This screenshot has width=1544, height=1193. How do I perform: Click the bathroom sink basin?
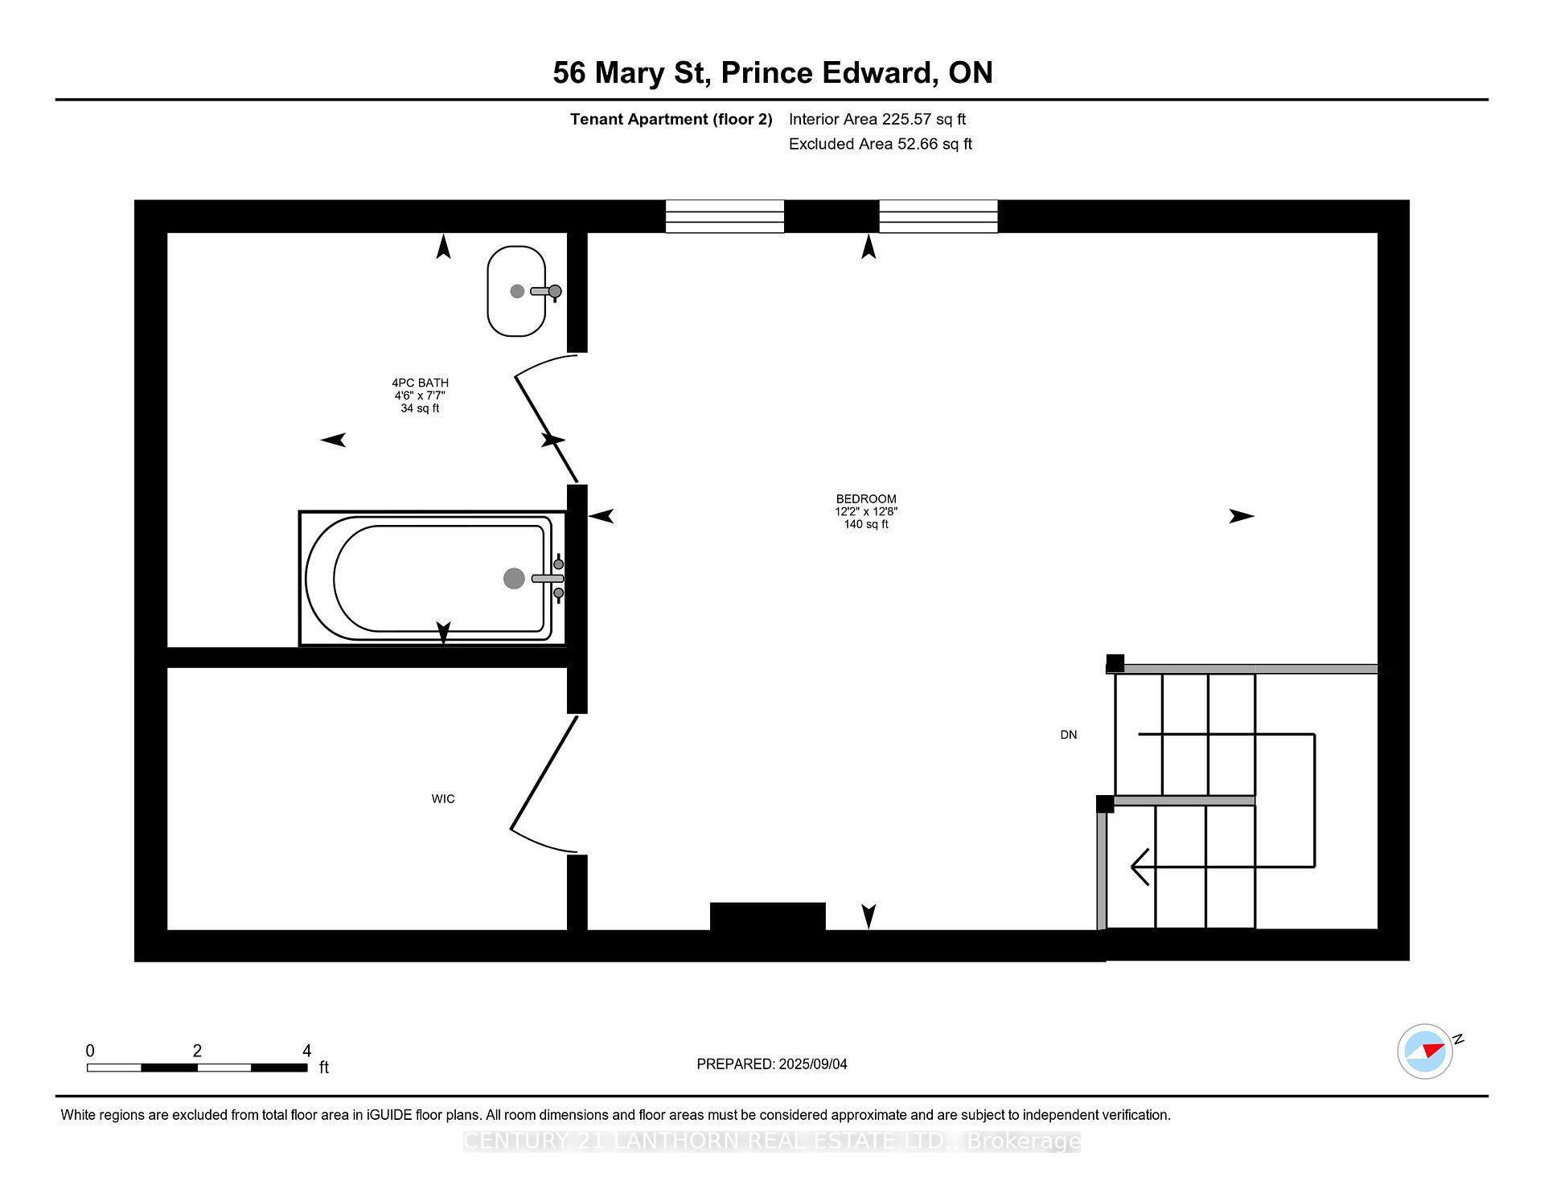515,291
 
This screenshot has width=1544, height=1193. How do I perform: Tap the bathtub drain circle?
514,578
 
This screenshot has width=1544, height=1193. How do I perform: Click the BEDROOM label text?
865,499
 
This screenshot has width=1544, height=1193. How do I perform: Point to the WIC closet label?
443,798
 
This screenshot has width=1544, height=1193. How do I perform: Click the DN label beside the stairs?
1068,735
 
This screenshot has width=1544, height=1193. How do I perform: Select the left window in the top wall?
725,216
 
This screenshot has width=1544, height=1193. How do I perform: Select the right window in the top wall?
938,216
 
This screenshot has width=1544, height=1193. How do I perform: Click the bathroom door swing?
545,418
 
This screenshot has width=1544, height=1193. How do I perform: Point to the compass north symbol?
1425,1051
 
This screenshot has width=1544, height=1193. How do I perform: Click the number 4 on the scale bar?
306,1051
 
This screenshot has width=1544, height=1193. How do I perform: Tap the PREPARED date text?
771,1064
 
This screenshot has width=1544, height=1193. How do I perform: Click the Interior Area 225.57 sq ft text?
877,119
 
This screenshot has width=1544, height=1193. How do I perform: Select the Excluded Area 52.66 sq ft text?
880,144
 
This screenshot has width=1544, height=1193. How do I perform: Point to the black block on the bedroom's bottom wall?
767,916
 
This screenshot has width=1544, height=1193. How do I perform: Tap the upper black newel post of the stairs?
1115,663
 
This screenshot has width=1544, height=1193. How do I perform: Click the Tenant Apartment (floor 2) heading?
671,119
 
